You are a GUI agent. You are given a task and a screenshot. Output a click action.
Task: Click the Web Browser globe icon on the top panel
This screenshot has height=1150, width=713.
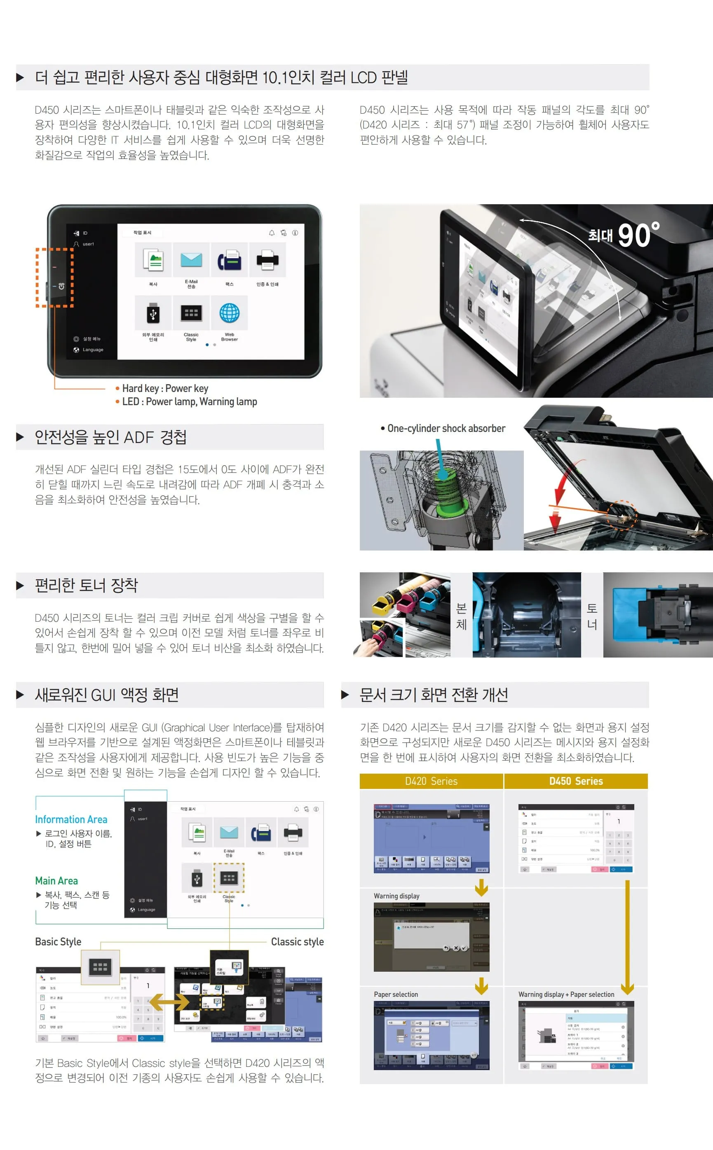229,313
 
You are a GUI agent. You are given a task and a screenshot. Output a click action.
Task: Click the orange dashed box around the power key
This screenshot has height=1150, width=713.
55,278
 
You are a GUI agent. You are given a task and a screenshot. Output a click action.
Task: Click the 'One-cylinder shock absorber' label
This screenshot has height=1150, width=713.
446,428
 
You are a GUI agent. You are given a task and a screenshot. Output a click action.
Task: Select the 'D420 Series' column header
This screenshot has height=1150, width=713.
431,781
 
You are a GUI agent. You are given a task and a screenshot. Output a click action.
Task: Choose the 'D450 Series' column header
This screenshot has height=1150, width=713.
576,781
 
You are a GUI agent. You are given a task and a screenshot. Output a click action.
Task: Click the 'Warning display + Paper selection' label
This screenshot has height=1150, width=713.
566,994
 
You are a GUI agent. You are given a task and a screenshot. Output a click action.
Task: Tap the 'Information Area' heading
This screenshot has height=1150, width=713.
71,819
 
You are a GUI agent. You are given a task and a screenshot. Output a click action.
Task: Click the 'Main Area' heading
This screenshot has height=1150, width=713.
56,881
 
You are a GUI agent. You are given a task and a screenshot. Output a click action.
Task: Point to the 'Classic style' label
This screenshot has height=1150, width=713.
297,942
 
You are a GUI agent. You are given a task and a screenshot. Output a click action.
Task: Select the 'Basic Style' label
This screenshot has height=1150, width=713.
58,942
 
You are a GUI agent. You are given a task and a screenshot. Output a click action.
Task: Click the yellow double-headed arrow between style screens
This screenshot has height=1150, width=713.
169,1002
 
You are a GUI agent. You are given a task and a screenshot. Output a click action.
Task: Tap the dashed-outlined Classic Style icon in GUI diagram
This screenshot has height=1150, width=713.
229,878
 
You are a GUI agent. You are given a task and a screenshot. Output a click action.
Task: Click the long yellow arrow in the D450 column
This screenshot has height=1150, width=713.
627,938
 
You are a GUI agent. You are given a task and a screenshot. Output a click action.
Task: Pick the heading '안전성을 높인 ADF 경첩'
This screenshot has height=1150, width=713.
110,437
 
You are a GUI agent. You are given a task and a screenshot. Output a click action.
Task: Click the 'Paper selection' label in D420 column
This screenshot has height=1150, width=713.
396,994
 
